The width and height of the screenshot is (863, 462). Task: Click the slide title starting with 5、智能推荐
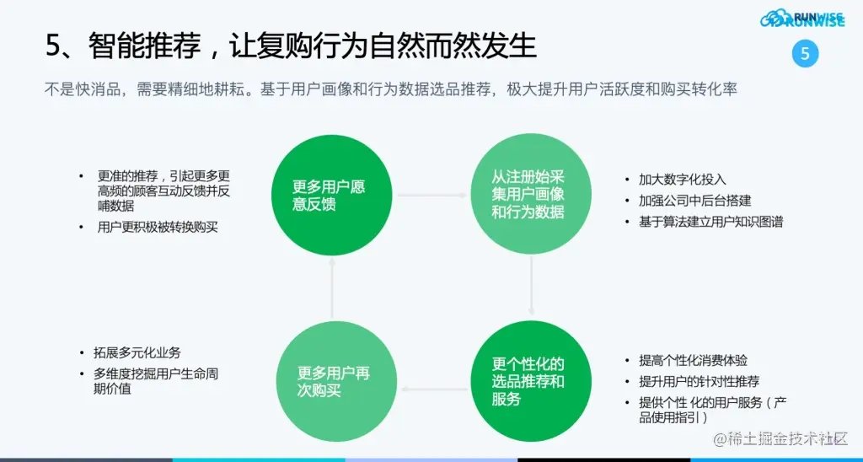(291, 46)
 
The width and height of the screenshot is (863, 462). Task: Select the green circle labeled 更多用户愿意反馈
(330, 195)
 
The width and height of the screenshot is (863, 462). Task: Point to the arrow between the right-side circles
(531, 287)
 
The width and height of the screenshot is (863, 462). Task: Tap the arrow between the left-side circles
(332, 287)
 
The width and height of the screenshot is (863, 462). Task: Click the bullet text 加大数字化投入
(682, 180)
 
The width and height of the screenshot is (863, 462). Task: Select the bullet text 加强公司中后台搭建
(694, 201)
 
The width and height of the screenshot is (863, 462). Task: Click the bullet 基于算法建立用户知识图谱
(711, 222)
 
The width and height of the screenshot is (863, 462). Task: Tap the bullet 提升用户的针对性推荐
(699, 381)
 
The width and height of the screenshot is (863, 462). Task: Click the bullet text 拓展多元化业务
(137, 352)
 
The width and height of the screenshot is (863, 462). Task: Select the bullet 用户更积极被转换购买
(158, 227)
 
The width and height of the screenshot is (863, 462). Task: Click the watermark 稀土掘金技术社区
(780, 439)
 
